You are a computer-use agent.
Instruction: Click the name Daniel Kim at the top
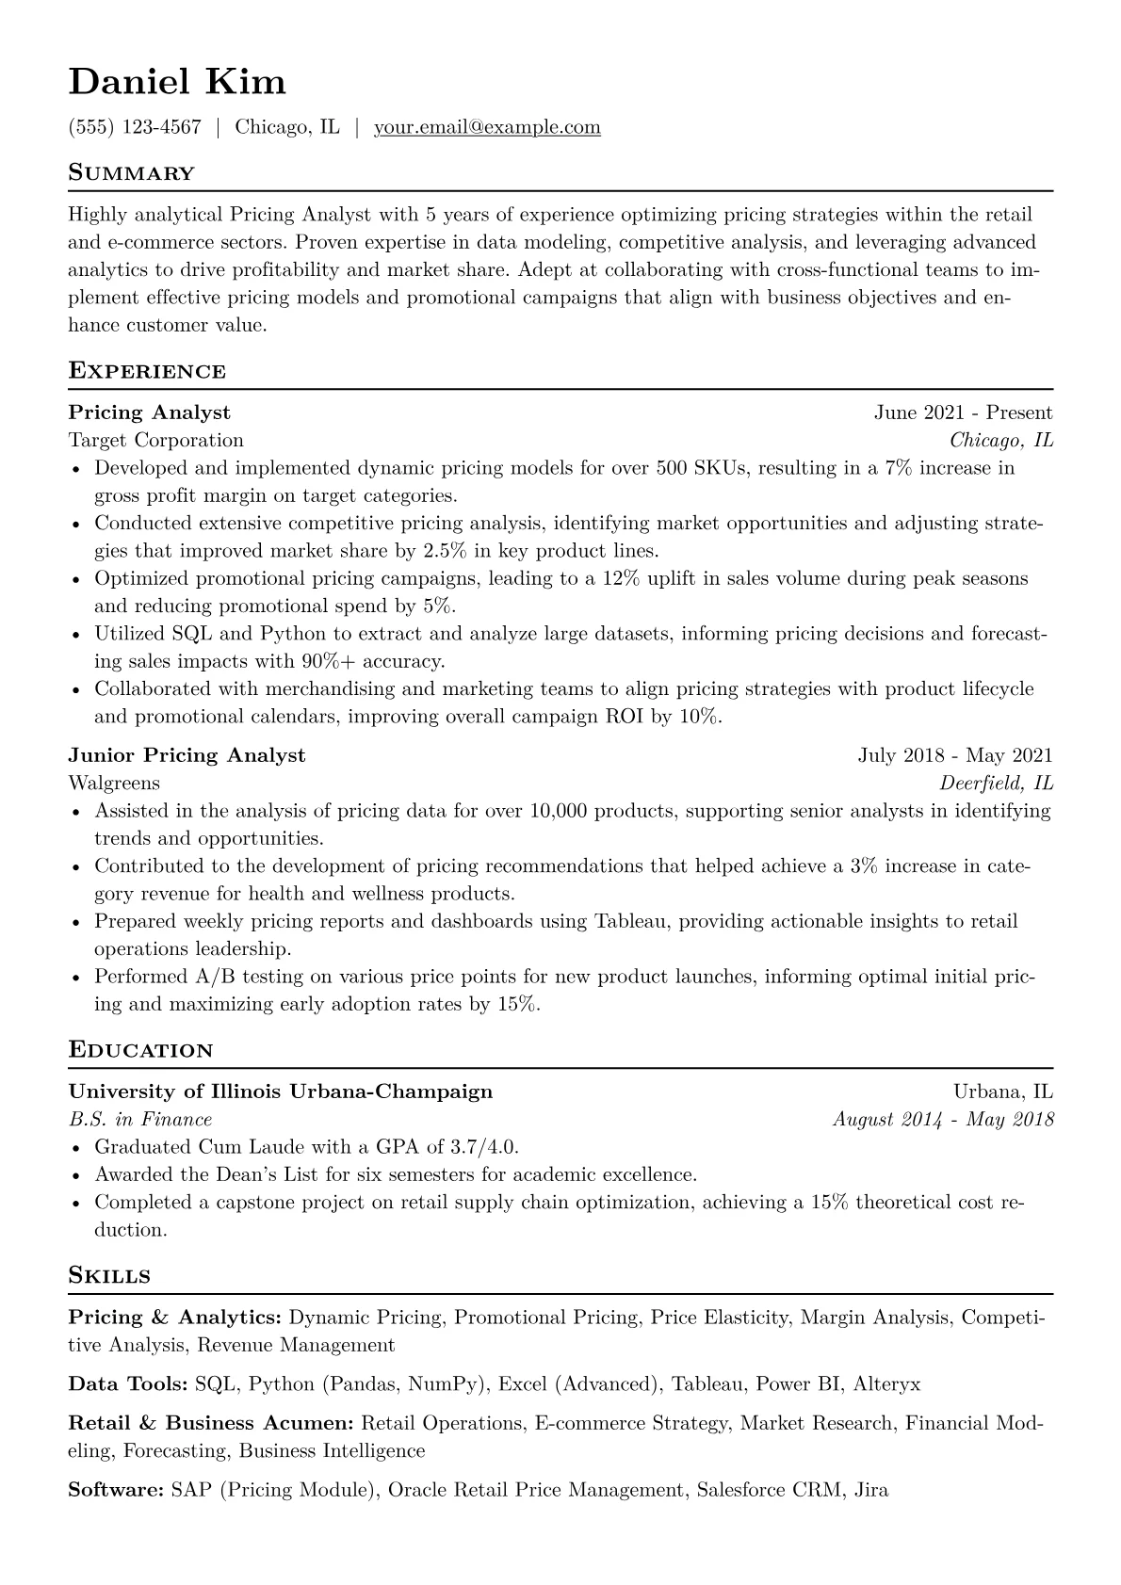[177, 83]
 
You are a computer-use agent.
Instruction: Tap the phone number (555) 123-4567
[135, 127]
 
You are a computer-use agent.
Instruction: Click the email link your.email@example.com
[487, 127]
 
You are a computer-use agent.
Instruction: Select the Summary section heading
[131, 173]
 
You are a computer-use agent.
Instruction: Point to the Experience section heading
[147, 371]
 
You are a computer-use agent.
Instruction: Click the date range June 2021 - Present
[963, 412]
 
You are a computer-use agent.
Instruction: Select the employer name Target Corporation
[156, 441]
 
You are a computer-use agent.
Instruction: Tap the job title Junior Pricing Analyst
[187, 755]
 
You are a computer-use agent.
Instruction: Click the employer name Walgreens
[114, 784]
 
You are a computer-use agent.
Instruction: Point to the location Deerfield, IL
[997, 784]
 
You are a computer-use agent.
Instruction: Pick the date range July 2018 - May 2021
[955, 755]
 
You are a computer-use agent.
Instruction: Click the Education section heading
[140, 1050]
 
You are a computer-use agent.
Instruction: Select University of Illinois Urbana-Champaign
[281, 1092]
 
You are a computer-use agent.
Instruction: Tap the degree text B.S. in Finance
[140, 1120]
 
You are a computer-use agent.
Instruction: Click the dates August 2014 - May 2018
[943, 1120]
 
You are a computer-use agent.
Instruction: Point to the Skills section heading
[109, 1276]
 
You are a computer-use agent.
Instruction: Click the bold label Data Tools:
[128, 1384]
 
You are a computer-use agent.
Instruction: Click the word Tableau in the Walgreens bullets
[629, 921]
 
